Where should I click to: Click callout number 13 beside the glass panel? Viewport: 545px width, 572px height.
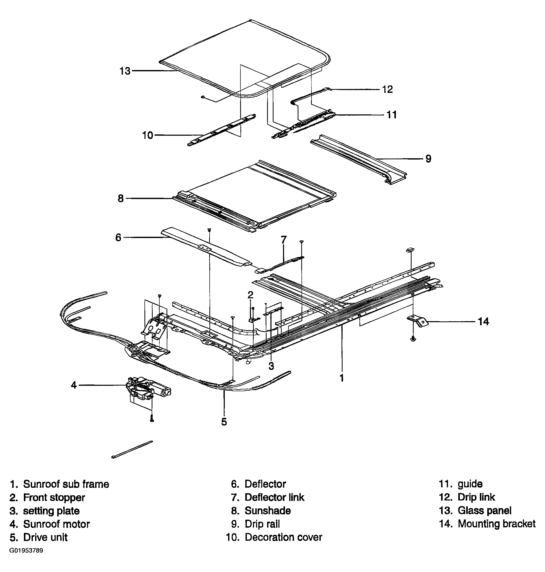pos(125,71)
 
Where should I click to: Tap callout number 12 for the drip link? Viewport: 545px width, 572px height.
pos(387,89)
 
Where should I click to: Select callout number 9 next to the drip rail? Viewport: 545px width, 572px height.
pos(428,159)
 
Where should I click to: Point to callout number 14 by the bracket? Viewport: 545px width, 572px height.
pos(483,321)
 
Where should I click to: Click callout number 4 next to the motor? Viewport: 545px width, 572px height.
pos(74,385)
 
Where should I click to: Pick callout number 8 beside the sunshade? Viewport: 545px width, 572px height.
pos(121,199)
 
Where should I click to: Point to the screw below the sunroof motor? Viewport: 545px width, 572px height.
pos(152,418)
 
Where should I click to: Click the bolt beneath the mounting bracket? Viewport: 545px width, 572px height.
pos(413,339)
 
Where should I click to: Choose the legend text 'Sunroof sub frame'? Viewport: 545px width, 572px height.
pos(66,484)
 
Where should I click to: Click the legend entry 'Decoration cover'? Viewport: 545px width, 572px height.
pos(283,537)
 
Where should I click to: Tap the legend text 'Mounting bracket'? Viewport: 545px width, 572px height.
pos(497,524)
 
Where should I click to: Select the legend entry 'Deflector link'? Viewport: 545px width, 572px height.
pos(274,497)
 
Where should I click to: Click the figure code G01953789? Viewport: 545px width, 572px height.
pos(26,550)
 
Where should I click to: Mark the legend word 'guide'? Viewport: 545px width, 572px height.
pos(470,484)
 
